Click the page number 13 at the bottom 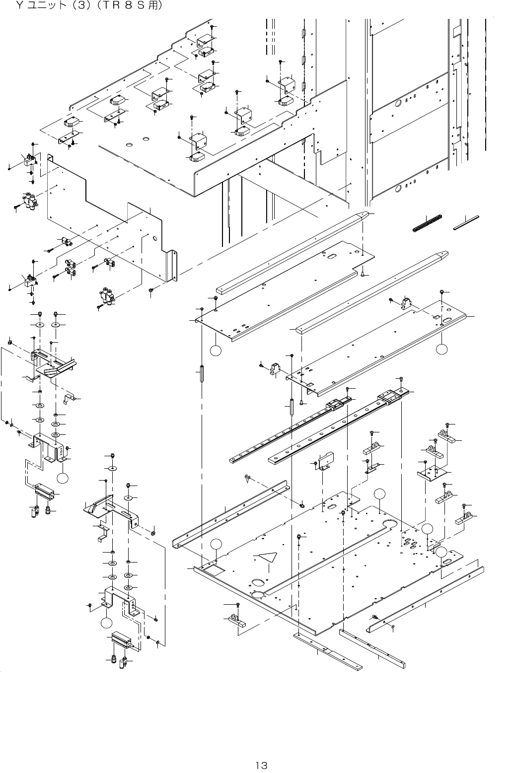(x=261, y=765)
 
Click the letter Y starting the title (x=20, y=6)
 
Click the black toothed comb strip (x=428, y=223)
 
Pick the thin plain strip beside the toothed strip (x=466, y=223)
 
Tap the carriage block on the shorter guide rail (x=335, y=404)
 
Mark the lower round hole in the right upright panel (x=397, y=189)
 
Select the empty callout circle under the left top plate (x=215, y=351)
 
